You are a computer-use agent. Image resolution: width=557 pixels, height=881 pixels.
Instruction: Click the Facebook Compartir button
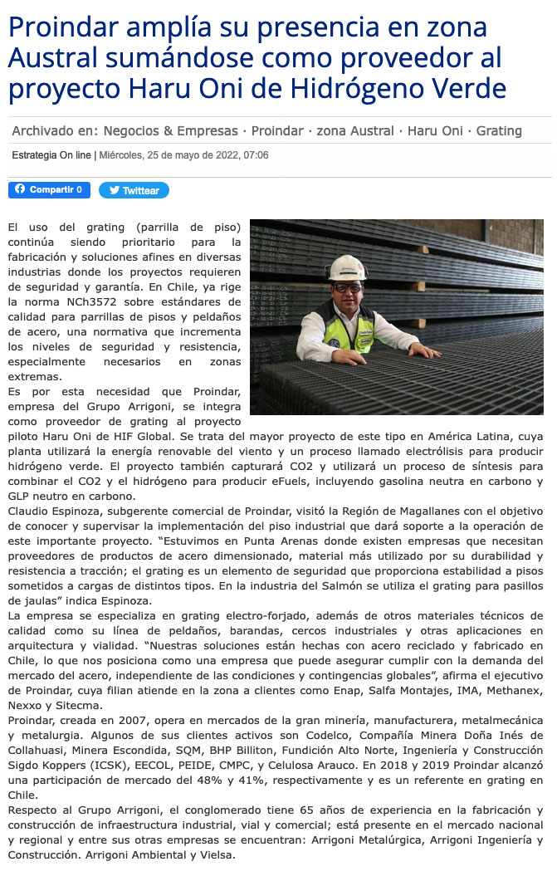(x=49, y=190)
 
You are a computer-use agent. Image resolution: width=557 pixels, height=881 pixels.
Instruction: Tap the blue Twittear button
(x=134, y=190)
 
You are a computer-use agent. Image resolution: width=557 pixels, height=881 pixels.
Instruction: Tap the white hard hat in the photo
(x=347, y=267)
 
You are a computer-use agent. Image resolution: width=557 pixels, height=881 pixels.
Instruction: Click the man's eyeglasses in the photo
(x=348, y=287)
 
